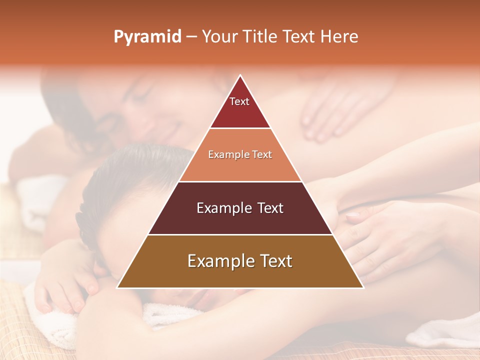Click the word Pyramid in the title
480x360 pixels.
pyautogui.click(x=147, y=37)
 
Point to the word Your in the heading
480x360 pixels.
pyautogui.click(x=218, y=37)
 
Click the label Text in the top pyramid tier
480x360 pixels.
pyautogui.click(x=239, y=101)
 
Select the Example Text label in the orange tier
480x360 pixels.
pyautogui.click(x=240, y=154)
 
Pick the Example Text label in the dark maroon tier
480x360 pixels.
pyautogui.click(x=240, y=208)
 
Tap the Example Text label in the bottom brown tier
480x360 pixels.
pyautogui.click(x=240, y=261)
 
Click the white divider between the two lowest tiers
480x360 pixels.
pyautogui.click(x=240, y=234)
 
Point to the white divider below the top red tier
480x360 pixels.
pyautogui.click(x=240, y=128)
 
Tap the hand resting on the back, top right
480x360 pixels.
pyautogui.click(x=330, y=112)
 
